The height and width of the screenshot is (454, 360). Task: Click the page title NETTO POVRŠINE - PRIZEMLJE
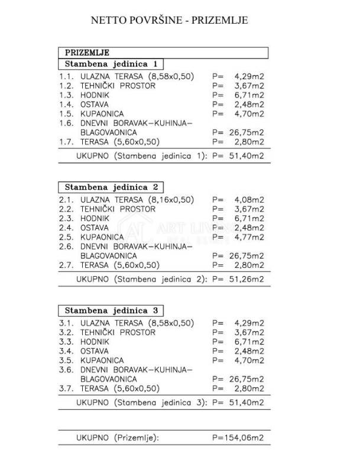(x=169, y=20)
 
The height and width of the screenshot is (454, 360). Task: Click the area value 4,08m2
(x=249, y=200)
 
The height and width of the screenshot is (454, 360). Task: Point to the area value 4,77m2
(x=249, y=237)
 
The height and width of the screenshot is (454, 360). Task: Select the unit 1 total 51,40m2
(x=248, y=156)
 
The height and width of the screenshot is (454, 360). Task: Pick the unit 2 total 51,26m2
(x=248, y=279)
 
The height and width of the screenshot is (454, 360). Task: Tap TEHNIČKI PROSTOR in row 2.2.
(x=118, y=209)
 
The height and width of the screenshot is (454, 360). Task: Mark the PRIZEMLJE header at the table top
(x=87, y=52)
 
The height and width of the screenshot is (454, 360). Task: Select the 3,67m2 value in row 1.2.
(x=249, y=86)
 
